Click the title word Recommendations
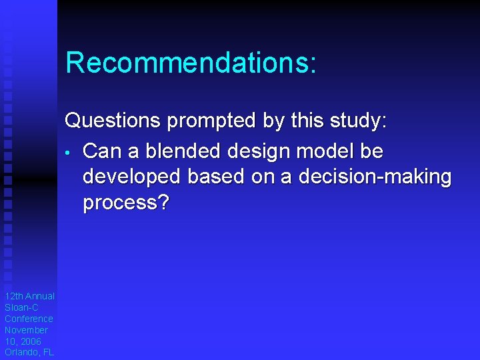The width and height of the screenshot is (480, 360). pos(187,63)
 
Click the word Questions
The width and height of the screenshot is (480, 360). pos(113,121)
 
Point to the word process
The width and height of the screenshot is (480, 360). pos(119,203)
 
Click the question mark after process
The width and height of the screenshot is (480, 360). pos(163,202)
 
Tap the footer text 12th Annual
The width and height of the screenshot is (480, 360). pos(29,296)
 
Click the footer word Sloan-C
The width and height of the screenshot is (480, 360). pos(21,307)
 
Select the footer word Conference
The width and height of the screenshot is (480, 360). pos(29,319)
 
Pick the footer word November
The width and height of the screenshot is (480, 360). pos(27,330)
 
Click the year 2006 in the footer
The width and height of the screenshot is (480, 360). pos(31,341)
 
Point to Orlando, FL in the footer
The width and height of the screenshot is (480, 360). pos(29,353)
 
